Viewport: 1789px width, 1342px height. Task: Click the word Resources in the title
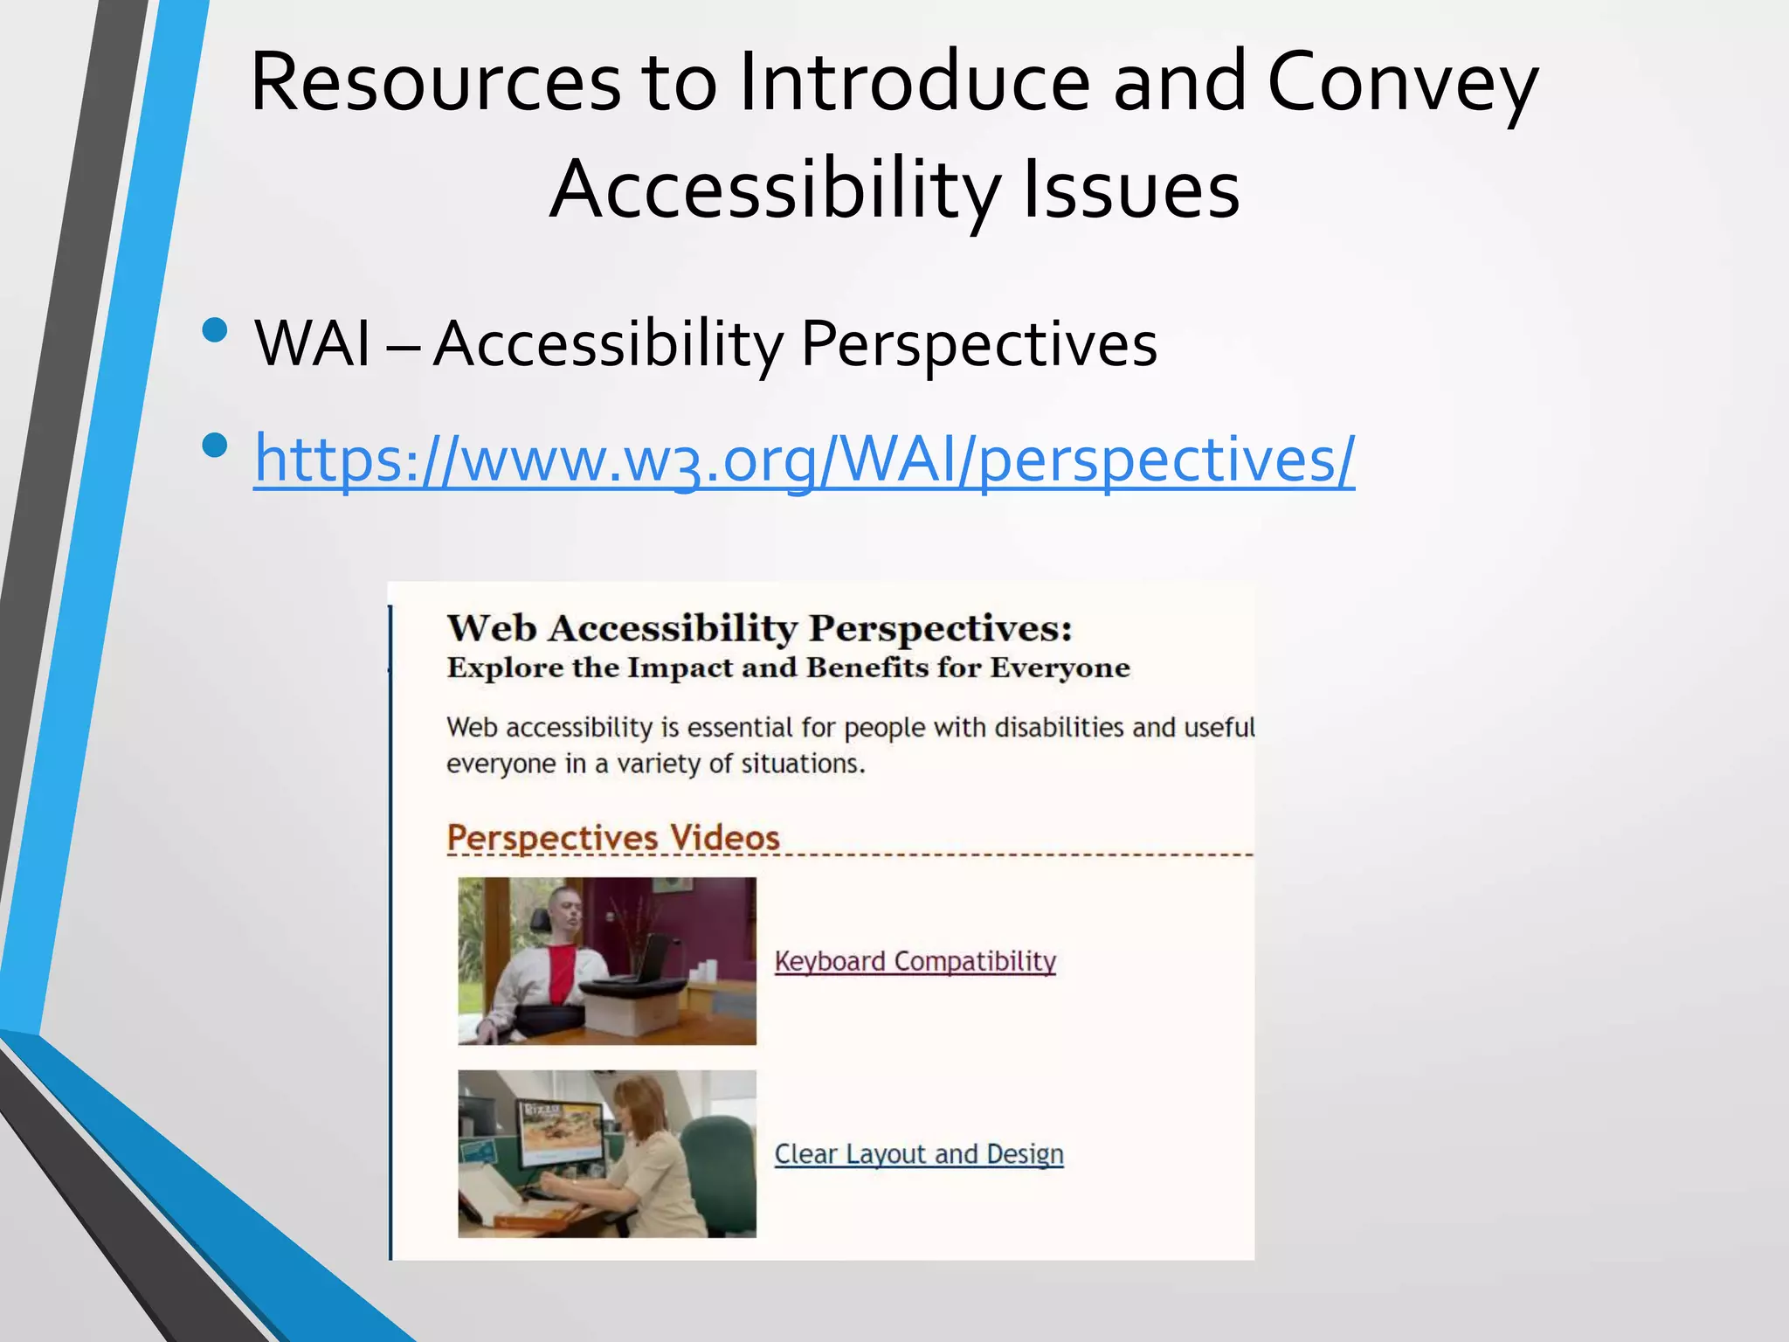tap(435, 83)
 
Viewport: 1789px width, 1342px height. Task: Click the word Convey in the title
tap(1401, 83)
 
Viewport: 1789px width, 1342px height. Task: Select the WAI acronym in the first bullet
tap(313, 343)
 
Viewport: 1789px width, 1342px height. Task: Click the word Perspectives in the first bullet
tap(978, 343)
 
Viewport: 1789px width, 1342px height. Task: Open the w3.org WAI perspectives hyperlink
tap(804, 459)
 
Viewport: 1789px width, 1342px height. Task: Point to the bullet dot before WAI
tap(214, 330)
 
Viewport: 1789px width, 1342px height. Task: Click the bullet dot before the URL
tap(214, 446)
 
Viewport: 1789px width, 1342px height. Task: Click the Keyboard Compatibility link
tap(915, 961)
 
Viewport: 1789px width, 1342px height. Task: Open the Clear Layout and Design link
tap(918, 1154)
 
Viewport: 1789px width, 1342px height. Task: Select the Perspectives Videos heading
tap(612, 838)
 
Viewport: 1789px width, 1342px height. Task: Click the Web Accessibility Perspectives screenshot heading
tap(759, 628)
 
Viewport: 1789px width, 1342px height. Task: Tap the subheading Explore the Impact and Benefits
tap(788, 668)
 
